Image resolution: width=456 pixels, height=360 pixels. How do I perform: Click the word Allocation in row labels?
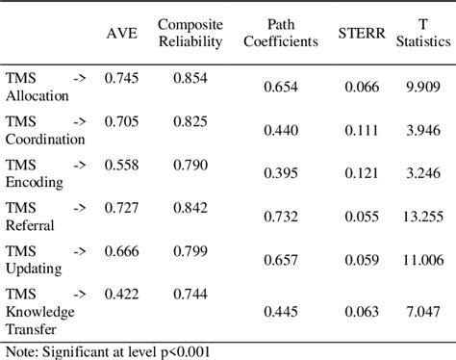click(x=38, y=95)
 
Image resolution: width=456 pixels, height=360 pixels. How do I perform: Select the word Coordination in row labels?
click(x=45, y=139)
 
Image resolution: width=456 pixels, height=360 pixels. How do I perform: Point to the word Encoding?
click(x=35, y=182)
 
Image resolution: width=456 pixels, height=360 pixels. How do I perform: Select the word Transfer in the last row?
click(x=31, y=328)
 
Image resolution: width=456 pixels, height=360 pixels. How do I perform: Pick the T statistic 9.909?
click(x=423, y=88)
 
